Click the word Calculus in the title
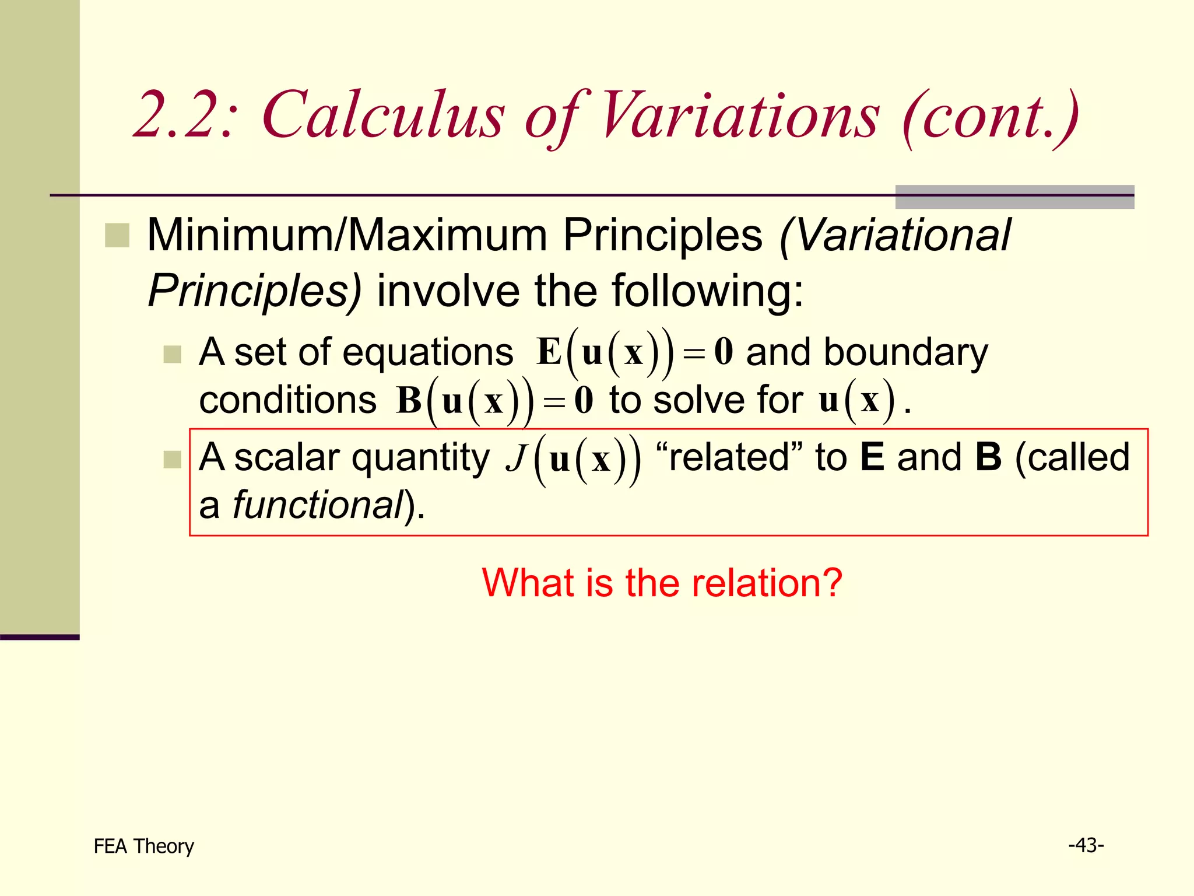[x=383, y=115]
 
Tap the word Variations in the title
[x=738, y=115]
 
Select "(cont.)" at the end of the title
[x=990, y=116]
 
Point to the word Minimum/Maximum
[x=347, y=235]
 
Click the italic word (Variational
[x=895, y=235]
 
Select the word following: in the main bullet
[x=707, y=290]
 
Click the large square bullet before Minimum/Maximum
[x=117, y=236]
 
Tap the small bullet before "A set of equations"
[x=172, y=354]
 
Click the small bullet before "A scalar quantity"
[x=172, y=459]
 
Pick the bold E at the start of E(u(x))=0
[x=549, y=352]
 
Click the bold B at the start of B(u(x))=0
[x=409, y=401]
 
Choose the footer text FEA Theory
[x=143, y=846]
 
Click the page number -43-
[x=1086, y=845]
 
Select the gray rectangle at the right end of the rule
[x=1014, y=197]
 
